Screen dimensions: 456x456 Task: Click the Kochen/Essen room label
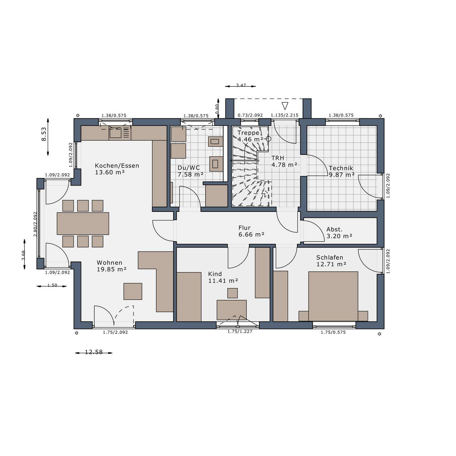(117, 166)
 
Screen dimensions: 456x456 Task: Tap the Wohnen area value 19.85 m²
(111, 269)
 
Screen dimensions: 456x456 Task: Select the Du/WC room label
(189, 168)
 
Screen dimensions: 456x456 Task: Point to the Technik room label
(341, 168)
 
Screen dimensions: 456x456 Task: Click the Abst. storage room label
(334, 229)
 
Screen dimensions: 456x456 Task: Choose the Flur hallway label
(244, 228)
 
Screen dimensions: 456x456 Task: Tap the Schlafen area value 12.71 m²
(331, 264)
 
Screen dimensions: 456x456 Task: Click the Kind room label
(215, 274)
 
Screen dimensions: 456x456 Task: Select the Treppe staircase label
(248, 133)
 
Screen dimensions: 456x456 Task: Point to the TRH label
(278, 158)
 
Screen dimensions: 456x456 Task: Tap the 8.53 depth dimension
(44, 134)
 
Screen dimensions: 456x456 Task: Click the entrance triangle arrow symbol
(285, 106)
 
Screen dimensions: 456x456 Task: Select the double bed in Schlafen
(333, 296)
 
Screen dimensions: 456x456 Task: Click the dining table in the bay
(83, 223)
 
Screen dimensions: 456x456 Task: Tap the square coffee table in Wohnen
(133, 291)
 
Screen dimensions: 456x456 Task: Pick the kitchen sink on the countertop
(116, 133)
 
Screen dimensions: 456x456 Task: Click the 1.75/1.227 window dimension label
(240, 331)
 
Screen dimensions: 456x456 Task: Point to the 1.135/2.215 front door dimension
(284, 115)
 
